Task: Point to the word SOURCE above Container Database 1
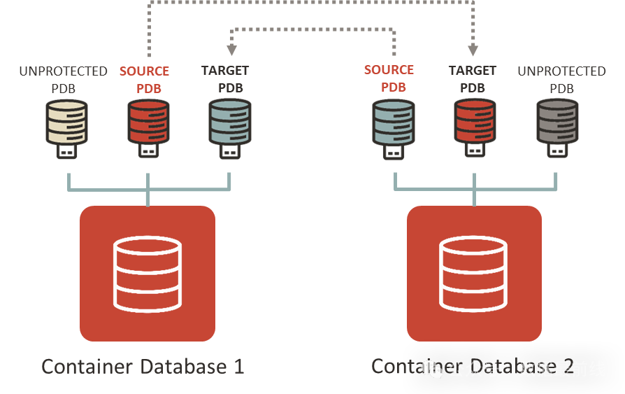(144, 71)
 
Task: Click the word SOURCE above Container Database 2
(389, 70)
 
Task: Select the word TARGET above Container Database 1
(225, 71)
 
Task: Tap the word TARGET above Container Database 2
(473, 71)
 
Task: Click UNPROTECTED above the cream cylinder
(63, 71)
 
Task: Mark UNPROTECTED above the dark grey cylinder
(561, 71)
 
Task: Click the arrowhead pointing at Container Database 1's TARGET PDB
(231, 50)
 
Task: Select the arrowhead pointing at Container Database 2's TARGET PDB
(473, 50)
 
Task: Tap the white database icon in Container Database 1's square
(148, 274)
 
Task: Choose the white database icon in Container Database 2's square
(474, 274)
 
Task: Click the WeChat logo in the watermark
(432, 369)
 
